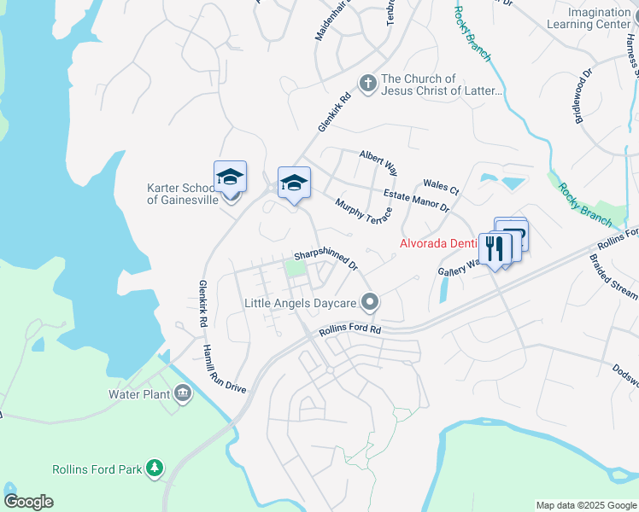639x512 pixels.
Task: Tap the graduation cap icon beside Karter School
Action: coord(230,177)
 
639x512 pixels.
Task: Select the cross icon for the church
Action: coord(368,83)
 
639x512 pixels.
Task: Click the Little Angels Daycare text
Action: coord(300,303)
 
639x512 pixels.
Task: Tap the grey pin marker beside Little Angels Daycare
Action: coord(370,302)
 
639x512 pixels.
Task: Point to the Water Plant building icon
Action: coord(183,393)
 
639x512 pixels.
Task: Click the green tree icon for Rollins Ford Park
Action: coord(155,468)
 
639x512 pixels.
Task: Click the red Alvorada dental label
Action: coord(439,244)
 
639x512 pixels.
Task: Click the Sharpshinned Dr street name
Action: coord(325,259)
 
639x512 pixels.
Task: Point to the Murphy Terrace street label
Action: coord(363,212)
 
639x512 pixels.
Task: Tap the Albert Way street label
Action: coord(378,162)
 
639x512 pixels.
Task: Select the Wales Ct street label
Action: coord(441,186)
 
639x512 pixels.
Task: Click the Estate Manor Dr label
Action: coord(416,201)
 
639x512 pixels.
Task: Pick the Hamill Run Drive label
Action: coord(224,369)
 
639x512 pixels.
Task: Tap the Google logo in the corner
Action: coord(28,502)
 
